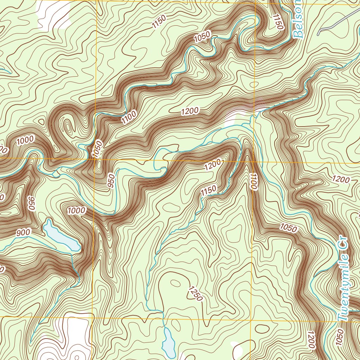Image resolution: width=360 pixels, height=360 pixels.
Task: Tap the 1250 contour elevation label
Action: tap(195, 294)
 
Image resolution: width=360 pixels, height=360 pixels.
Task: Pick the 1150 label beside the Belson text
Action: tap(278, 22)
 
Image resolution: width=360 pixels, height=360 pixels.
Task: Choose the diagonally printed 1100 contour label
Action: tap(129, 117)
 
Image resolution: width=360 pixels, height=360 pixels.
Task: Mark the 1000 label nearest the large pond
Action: tap(76, 211)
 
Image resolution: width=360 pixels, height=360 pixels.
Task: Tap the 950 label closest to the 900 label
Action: tap(31, 203)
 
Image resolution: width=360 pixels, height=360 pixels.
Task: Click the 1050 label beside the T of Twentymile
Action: tap(339, 338)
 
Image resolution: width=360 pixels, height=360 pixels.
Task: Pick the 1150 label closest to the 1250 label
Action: tap(208, 190)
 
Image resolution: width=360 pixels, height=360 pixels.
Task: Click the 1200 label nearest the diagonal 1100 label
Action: tap(190, 111)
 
